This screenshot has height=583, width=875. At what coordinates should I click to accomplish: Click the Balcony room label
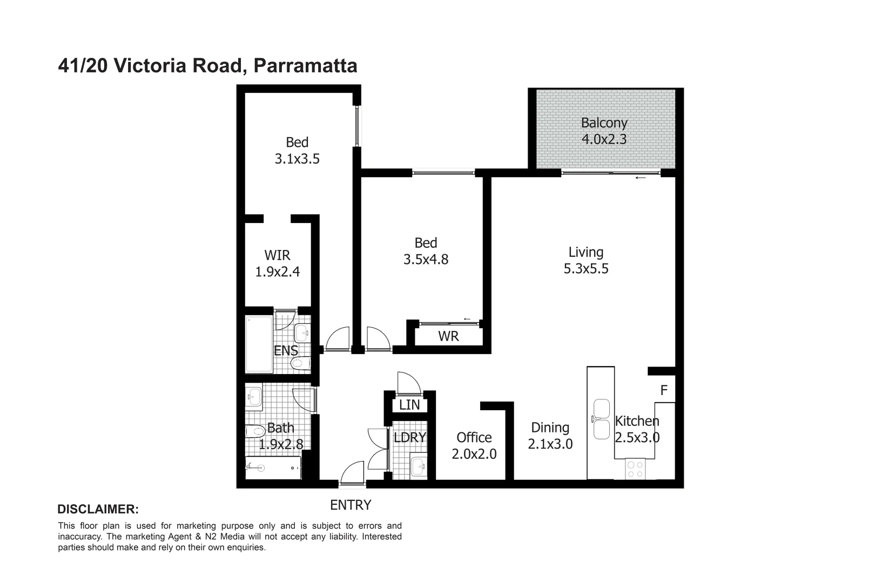[604, 123]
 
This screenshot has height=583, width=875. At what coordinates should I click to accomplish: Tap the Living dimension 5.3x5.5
[586, 268]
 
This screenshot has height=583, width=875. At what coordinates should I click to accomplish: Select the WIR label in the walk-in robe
[277, 255]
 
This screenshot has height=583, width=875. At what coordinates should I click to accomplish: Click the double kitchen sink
[601, 419]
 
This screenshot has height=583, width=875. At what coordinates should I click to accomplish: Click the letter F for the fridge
[664, 390]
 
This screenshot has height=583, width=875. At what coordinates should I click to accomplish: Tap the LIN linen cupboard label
[409, 405]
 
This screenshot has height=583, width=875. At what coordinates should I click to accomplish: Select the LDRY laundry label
[410, 437]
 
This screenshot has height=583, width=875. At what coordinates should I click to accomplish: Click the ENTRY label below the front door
[351, 505]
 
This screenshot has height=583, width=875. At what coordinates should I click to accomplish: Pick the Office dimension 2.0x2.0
[474, 454]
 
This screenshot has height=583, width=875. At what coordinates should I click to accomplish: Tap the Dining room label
[550, 428]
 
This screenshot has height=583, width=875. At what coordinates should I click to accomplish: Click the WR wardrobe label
[448, 336]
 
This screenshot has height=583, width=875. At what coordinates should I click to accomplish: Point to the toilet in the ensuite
[300, 364]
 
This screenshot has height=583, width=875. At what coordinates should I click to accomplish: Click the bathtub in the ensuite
[259, 344]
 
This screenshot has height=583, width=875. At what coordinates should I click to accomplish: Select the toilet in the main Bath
[255, 431]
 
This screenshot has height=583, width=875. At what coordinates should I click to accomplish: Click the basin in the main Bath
[254, 396]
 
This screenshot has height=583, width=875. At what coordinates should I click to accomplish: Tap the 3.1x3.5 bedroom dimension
[297, 159]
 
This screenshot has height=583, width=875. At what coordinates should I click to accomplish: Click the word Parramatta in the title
[305, 66]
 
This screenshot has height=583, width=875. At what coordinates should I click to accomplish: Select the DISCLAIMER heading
[98, 509]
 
